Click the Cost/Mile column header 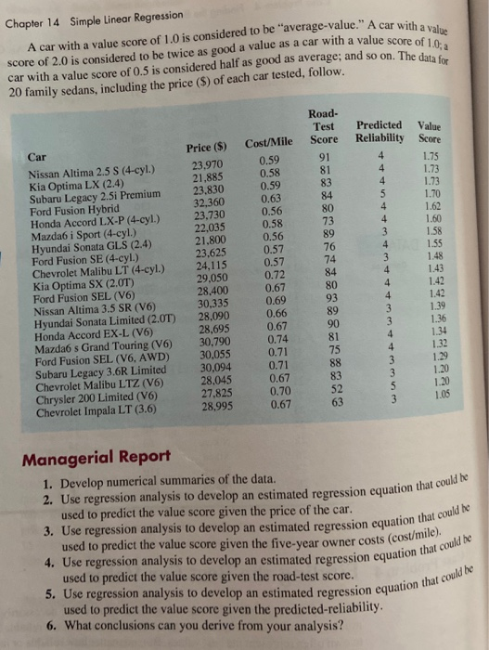(x=270, y=141)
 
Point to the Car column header (x=37, y=158)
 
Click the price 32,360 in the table (x=208, y=201)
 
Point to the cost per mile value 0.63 (x=273, y=197)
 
